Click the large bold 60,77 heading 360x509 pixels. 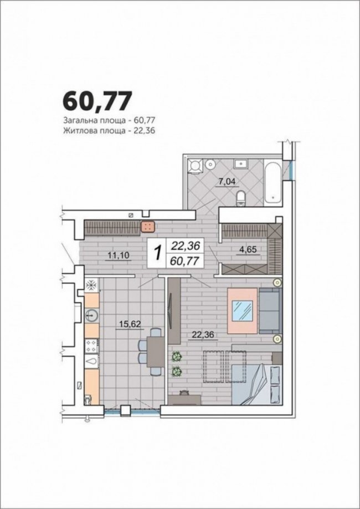tap(97, 101)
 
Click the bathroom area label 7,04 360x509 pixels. tap(227, 182)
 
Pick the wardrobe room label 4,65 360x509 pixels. tap(248, 250)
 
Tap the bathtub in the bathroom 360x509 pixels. tap(273, 182)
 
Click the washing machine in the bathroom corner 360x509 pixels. tap(196, 166)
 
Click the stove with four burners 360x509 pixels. tap(91, 346)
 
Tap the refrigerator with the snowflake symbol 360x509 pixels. tap(91, 285)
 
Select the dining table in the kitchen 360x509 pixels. tap(156, 352)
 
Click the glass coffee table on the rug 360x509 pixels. tap(243, 311)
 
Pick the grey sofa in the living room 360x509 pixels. tap(270, 311)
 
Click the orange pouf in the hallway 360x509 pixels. tap(148, 227)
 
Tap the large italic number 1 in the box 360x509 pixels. tap(157, 253)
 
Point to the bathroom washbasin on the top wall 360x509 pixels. tap(240, 164)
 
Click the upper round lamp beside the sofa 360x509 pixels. tap(277, 282)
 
